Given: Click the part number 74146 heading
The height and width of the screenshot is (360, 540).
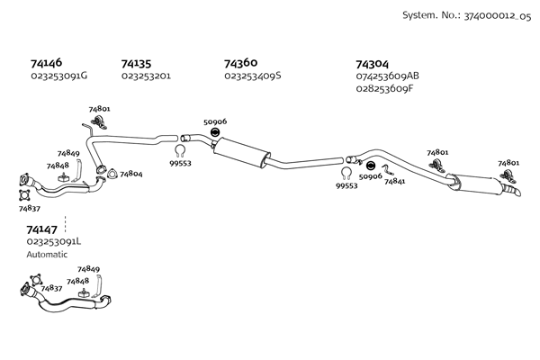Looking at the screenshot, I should click(x=46, y=64).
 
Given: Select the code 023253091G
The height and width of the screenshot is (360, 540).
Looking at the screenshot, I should click(x=58, y=76).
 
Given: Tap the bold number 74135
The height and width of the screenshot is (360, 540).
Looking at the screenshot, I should click(x=136, y=64).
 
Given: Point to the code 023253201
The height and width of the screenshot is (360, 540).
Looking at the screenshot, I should click(x=146, y=76).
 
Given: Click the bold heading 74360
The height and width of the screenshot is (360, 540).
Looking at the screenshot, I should click(x=241, y=63).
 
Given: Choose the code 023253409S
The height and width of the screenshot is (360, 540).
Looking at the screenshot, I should click(x=253, y=76).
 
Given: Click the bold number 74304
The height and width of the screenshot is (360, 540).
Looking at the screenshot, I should click(x=373, y=64).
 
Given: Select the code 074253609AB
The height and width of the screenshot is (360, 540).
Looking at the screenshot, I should click(x=388, y=76).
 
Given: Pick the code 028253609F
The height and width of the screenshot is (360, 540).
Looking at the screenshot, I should click(x=384, y=88).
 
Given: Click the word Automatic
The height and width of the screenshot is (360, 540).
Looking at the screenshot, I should click(x=47, y=254).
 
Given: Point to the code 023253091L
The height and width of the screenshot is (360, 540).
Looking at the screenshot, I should click(x=54, y=241).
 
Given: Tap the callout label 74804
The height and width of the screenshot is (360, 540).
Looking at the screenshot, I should click(x=130, y=174).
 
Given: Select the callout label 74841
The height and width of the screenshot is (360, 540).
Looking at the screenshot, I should click(x=394, y=181).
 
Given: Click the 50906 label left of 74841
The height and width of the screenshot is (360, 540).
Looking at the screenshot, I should click(x=370, y=176).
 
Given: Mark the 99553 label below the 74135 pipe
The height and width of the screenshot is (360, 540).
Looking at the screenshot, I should click(x=181, y=163).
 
